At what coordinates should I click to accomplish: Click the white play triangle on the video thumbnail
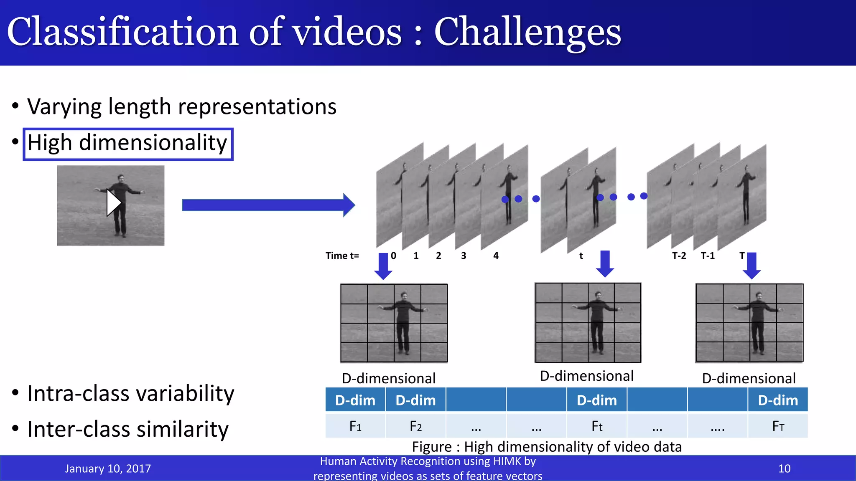click(113, 203)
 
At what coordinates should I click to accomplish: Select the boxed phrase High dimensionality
click(127, 144)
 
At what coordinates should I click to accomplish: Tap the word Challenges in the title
click(527, 33)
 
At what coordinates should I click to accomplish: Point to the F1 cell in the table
click(355, 426)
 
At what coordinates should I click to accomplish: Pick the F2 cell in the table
click(415, 426)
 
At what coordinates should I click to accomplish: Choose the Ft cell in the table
click(597, 426)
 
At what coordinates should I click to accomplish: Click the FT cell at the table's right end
click(778, 426)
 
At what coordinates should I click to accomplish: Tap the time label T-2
click(679, 256)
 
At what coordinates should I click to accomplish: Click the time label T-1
click(708, 256)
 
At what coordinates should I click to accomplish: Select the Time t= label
click(342, 256)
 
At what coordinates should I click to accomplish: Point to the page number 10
click(784, 468)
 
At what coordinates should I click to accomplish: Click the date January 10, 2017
click(108, 468)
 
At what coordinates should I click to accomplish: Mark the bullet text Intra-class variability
click(130, 393)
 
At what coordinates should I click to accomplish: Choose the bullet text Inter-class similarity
click(128, 429)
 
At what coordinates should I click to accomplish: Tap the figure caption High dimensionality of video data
click(547, 447)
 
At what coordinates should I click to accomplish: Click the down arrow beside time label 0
click(383, 266)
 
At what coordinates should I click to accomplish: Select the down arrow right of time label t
click(605, 263)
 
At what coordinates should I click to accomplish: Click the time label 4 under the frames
click(496, 256)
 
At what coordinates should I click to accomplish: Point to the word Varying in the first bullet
click(64, 107)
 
